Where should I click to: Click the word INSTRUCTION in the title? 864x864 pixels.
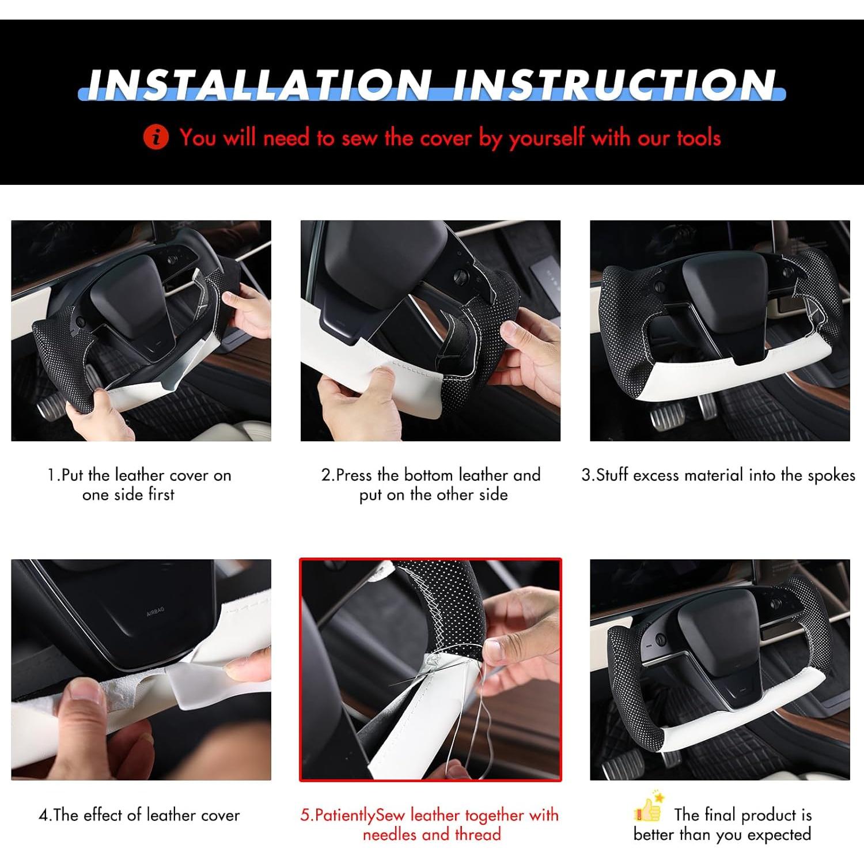(614, 85)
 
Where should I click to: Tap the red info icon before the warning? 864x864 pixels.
(156, 138)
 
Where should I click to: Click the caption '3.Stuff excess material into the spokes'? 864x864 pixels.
(718, 475)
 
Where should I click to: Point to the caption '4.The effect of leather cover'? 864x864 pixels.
(139, 815)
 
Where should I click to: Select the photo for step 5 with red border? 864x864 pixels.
(430, 669)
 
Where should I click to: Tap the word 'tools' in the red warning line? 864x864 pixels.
(699, 138)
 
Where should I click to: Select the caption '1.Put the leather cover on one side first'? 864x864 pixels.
(139, 484)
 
